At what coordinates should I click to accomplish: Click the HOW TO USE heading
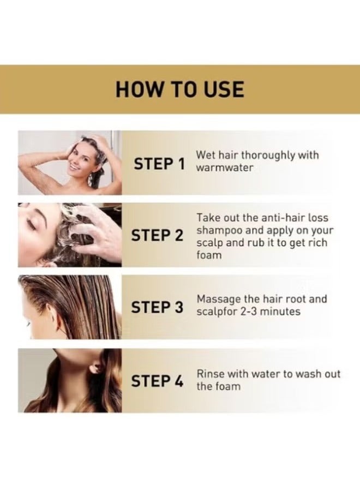coord(179,89)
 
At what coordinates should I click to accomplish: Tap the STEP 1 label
coord(159,163)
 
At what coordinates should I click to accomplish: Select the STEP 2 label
coord(158,236)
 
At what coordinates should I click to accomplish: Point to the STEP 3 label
coord(158,308)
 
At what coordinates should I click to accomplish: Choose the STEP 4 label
coord(158,381)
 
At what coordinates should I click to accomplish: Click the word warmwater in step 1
coord(224,168)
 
